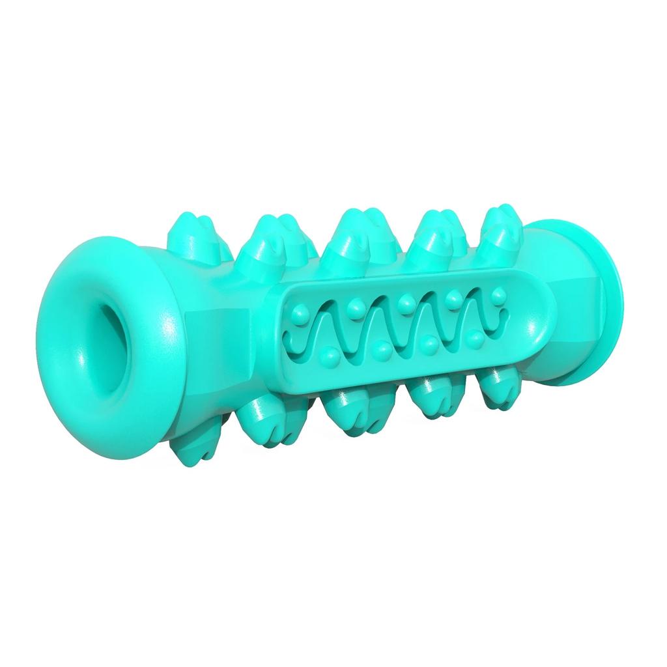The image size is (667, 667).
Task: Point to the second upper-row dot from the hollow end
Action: pos(356,304)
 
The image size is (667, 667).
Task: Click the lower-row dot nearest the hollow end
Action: pos(332,354)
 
